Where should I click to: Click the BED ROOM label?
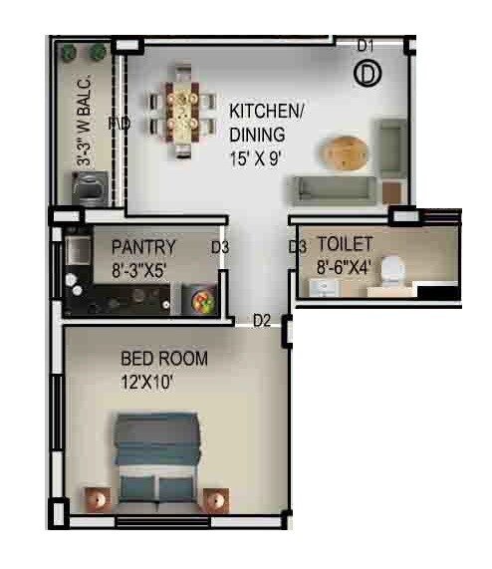(x=164, y=359)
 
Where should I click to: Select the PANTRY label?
(x=144, y=247)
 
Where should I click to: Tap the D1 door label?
(x=366, y=45)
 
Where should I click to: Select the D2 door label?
(x=262, y=320)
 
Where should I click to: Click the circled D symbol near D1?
(x=369, y=73)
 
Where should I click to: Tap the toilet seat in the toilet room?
(x=393, y=269)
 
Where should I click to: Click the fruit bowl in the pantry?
(x=199, y=298)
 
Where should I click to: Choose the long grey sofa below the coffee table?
(x=334, y=188)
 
